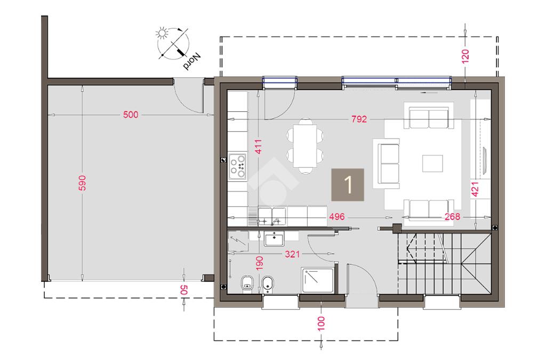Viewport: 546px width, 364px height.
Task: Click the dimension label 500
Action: click(x=131, y=115)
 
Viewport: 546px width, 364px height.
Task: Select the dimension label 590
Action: click(x=82, y=183)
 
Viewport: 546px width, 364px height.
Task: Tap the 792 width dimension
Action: click(x=359, y=119)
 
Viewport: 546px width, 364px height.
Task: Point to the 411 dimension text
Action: click(x=258, y=147)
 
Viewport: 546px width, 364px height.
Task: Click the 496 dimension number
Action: click(x=337, y=217)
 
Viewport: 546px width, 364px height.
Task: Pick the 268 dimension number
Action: click(x=452, y=217)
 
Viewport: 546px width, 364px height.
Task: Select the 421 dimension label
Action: click(x=475, y=189)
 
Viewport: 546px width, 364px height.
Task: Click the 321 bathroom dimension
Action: click(x=292, y=254)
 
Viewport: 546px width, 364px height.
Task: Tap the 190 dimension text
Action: click(x=260, y=263)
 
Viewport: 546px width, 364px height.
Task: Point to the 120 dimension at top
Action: click(x=465, y=56)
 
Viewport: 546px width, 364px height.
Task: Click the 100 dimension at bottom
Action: click(x=321, y=323)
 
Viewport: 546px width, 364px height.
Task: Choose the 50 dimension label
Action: click(x=184, y=289)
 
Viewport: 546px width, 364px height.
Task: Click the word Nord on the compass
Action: click(x=192, y=61)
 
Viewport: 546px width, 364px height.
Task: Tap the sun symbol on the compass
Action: click(x=162, y=34)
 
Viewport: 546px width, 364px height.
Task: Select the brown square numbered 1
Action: click(x=348, y=185)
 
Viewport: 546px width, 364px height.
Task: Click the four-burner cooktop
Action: click(x=237, y=166)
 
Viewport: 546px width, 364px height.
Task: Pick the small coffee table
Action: click(x=432, y=164)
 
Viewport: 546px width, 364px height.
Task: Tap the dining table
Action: click(x=305, y=146)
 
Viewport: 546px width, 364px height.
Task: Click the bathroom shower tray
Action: click(x=318, y=280)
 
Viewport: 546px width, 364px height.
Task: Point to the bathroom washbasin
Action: click(x=275, y=239)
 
